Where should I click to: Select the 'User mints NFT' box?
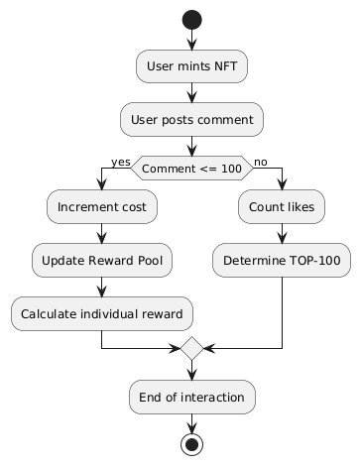[191, 66]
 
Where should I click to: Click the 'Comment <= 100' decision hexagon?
[191, 169]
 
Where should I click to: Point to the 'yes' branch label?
[121, 162]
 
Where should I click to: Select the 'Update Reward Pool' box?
[102, 260]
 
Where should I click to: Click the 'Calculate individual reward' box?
[102, 313]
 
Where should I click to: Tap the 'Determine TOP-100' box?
[282, 260]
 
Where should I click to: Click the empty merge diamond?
[191, 349]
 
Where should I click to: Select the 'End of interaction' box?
[191, 397]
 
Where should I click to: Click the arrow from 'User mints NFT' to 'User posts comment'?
[191, 92]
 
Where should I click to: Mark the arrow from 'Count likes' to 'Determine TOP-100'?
[282, 233]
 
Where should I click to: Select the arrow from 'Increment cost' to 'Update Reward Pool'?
[102, 233]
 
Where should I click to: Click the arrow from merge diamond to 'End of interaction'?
[191, 371]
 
